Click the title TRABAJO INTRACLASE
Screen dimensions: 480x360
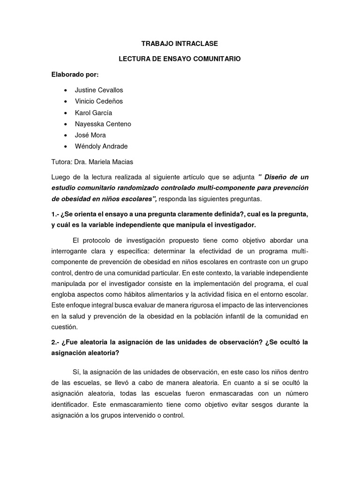coord(180,44)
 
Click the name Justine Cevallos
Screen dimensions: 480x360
coord(98,90)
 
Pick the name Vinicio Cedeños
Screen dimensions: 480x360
coord(99,101)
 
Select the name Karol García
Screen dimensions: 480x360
coord(93,112)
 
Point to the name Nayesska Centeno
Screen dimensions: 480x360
coord(103,124)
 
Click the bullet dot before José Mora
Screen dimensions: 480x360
coord(64,135)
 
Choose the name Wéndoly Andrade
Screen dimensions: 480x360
coord(101,146)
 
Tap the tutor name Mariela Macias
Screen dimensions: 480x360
coord(118,162)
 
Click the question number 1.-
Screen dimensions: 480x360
coord(56,214)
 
